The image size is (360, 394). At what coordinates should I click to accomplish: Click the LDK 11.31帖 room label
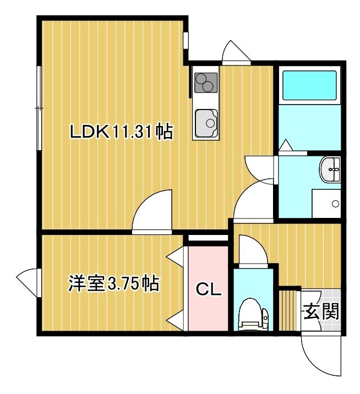[122, 131]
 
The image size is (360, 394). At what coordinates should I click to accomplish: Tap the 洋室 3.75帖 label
[113, 283]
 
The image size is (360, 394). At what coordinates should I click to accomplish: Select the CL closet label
[209, 289]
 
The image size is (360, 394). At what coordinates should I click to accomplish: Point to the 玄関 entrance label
[321, 311]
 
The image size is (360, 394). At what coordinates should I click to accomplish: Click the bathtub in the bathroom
[309, 85]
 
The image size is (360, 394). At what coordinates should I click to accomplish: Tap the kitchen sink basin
[206, 123]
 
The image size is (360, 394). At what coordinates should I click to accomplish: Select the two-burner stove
[206, 83]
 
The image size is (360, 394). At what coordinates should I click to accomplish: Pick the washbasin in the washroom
[330, 169]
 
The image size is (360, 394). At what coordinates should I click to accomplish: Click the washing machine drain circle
[335, 204]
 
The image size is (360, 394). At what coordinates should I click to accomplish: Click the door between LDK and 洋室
[152, 211]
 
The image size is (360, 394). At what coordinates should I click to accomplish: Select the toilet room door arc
[253, 250]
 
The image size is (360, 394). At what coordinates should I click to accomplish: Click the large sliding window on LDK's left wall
[39, 108]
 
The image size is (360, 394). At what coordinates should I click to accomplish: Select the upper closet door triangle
[177, 256]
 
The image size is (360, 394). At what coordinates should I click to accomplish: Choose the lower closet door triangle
[177, 320]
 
